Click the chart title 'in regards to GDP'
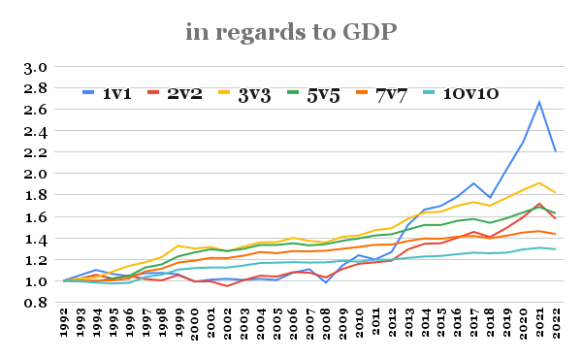(291, 32)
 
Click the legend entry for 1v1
(107, 93)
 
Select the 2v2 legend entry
(175, 93)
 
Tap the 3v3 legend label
(254, 94)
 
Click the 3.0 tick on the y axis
(36, 68)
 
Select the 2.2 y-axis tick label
(36, 152)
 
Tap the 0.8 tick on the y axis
(36, 303)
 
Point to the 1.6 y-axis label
(36, 217)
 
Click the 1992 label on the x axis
(64, 322)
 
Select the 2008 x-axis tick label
(326, 324)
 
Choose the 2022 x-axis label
(556, 323)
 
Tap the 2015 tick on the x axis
(441, 322)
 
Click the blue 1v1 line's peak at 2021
(539, 102)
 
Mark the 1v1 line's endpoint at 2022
(556, 151)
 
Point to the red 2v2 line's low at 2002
(227, 286)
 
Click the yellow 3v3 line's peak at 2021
(539, 183)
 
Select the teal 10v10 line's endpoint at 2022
(556, 249)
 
